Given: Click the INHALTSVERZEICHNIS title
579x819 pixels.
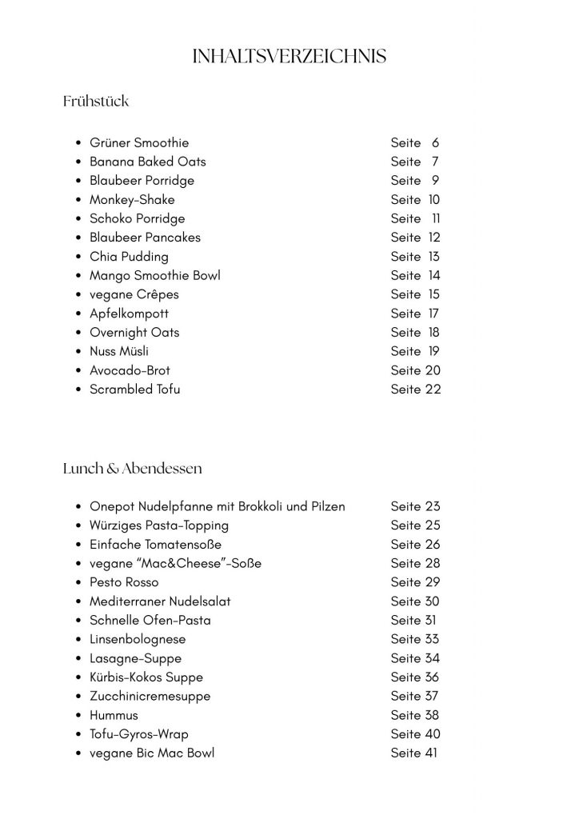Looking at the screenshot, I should click(289, 56).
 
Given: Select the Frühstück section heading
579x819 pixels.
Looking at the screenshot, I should click(95, 102).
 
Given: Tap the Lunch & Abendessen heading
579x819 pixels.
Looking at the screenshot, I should click(132, 468).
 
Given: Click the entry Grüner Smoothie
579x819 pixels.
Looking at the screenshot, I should click(139, 143).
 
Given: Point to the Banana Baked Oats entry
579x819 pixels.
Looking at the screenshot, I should click(148, 162).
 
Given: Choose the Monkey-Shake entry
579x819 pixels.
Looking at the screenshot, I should click(132, 200).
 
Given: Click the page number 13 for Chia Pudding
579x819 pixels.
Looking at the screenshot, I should click(433, 257).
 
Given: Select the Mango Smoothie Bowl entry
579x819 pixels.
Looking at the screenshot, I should click(155, 276).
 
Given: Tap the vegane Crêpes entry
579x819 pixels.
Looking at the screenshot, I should click(134, 294).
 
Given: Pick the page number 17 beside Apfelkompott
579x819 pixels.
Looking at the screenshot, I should click(433, 314).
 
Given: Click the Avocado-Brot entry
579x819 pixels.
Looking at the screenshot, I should click(130, 370).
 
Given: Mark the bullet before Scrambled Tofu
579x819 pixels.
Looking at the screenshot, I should click(78, 390).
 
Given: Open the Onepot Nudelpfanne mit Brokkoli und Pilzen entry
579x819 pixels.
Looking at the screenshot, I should click(218, 506).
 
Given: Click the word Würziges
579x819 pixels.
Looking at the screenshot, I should click(117, 525).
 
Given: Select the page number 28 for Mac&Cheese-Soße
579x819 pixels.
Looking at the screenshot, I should click(432, 563).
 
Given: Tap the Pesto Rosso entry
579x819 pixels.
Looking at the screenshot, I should click(124, 582).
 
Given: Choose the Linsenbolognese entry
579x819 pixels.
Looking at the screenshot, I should click(138, 639).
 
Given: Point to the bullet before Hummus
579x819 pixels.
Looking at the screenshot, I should click(78, 715).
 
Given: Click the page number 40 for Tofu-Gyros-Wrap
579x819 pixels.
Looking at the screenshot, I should click(432, 734).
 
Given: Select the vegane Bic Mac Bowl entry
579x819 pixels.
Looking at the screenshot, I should click(152, 753).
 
